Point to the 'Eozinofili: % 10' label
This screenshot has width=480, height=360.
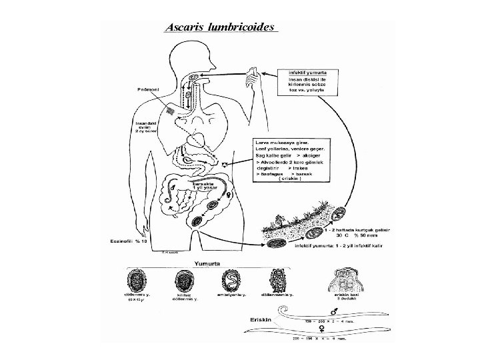point(131,241)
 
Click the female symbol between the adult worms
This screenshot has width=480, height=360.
point(331,328)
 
